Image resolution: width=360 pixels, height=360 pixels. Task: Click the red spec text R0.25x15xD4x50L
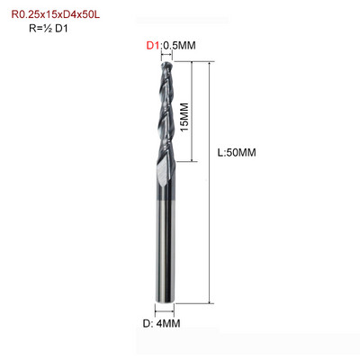click(56, 14)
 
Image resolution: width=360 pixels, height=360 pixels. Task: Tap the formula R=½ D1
click(49, 29)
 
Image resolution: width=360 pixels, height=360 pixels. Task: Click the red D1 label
click(153, 46)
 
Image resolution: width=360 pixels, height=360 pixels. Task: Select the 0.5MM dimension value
click(179, 46)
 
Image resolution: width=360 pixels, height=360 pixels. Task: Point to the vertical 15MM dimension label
click(185, 117)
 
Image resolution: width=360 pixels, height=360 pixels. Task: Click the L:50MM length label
click(237, 153)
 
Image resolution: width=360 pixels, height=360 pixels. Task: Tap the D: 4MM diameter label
click(161, 324)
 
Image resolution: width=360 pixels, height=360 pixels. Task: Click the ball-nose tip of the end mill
click(166, 64)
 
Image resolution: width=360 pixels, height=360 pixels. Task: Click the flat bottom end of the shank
click(165, 301)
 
